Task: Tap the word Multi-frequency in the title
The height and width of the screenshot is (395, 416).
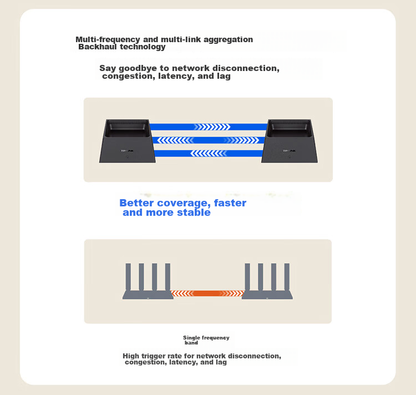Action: click(108, 39)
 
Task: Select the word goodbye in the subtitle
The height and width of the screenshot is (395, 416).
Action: click(138, 68)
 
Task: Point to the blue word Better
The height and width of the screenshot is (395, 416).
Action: click(136, 203)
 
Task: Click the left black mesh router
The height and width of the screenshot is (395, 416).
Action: click(128, 141)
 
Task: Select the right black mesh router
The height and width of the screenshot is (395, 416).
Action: click(290, 141)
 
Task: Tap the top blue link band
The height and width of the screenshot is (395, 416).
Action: click(209, 127)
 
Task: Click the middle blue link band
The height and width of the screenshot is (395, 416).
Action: click(208, 140)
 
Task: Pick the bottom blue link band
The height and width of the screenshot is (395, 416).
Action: click(209, 153)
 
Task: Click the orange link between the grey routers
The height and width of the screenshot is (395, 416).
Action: click(207, 293)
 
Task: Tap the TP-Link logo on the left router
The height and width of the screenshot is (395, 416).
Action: click(127, 151)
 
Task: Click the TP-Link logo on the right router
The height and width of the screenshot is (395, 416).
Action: click(289, 151)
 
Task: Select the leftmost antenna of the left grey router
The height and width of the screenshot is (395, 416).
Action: click(128, 277)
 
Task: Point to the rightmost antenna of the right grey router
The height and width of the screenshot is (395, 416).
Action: click(287, 277)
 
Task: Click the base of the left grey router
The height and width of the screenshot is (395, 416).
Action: click(148, 295)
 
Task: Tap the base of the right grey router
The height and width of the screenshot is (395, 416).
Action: click(267, 295)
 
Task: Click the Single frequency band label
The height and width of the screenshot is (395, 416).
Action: click(206, 340)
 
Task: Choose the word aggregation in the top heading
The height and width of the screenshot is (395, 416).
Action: click(228, 39)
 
